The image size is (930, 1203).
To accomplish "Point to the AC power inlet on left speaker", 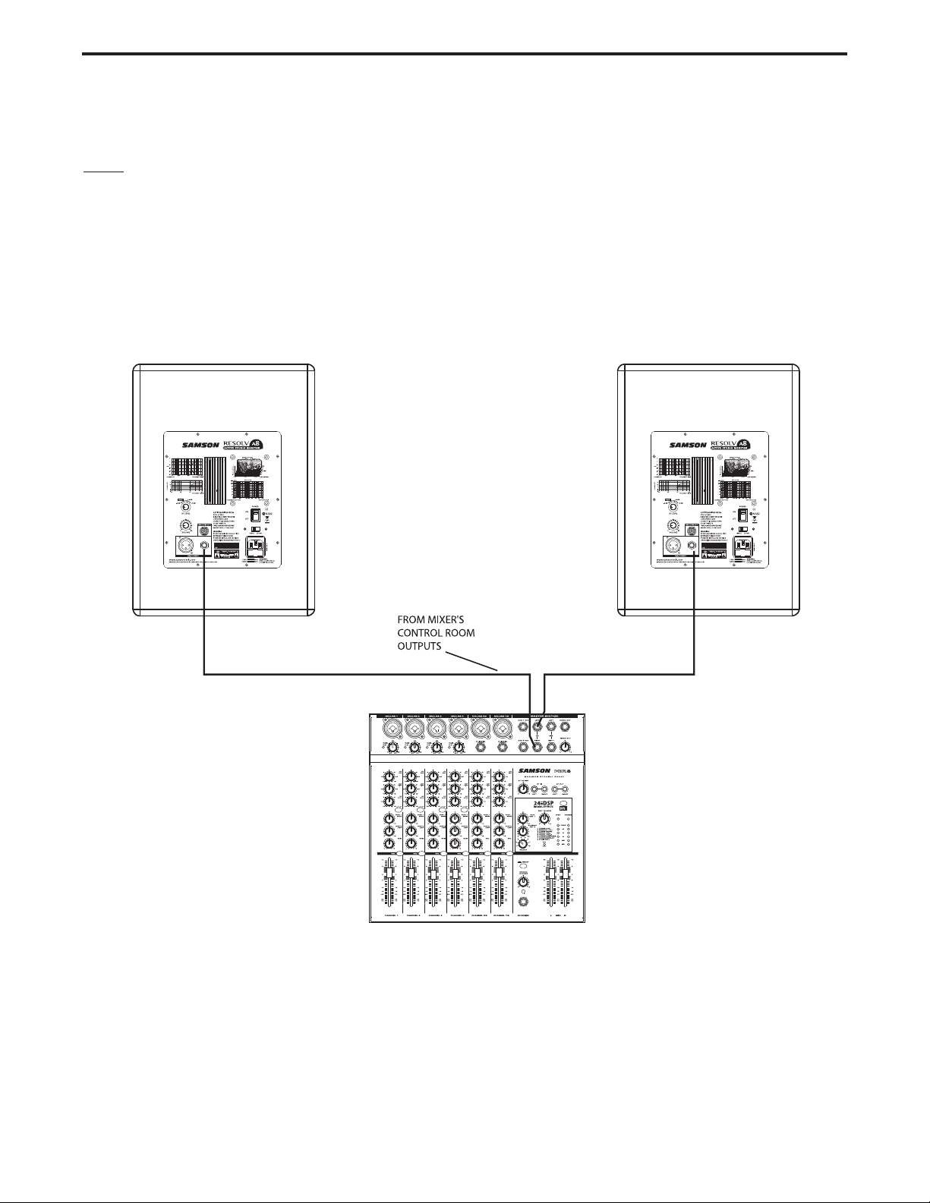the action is (256, 548).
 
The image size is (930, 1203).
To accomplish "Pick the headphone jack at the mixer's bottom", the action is (523, 901).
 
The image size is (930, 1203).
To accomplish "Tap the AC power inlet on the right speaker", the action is (743, 548).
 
